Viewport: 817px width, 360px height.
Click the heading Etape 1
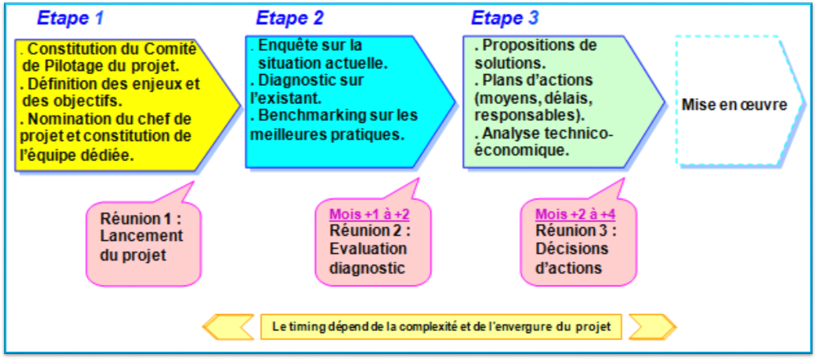click(x=70, y=18)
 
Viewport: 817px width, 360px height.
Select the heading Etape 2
click(x=290, y=18)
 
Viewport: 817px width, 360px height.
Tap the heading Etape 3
click(x=505, y=18)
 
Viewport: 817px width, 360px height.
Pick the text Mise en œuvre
click(x=734, y=105)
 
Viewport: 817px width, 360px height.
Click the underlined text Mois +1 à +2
click(x=369, y=214)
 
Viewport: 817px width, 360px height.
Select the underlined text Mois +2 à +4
click(x=575, y=214)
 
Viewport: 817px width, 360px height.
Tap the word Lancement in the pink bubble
click(x=141, y=236)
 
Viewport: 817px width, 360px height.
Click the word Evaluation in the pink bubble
click(x=368, y=249)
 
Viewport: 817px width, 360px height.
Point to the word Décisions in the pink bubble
click(x=572, y=249)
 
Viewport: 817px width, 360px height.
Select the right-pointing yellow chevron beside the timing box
click(x=652, y=327)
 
